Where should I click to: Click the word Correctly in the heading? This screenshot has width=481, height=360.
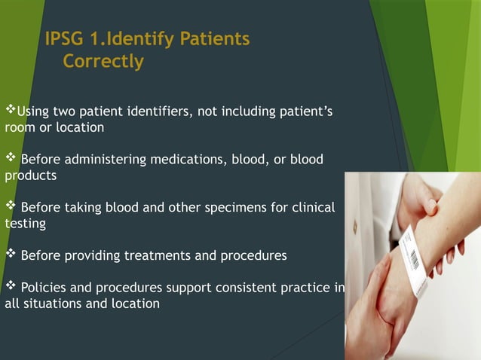point(103,62)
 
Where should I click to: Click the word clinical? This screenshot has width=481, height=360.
point(314,207)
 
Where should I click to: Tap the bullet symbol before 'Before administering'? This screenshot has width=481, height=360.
point(11,159)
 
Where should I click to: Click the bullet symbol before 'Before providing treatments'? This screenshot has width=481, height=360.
point(11,255)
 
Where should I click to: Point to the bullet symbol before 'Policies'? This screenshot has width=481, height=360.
point(11,287)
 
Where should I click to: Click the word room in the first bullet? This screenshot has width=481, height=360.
point(18,128)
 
